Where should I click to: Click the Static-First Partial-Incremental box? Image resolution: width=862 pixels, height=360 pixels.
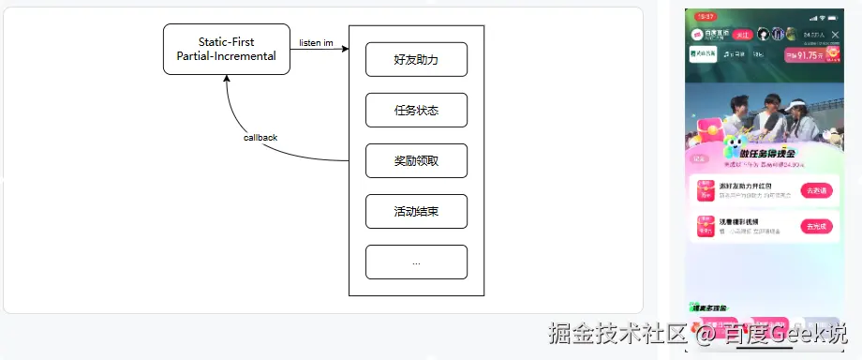click(226, 49)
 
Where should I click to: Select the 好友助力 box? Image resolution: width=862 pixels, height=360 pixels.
click(416, 59)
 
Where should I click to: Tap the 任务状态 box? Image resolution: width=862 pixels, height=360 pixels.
click(416, 110)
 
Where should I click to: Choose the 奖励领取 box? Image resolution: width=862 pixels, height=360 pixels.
click(416, 160)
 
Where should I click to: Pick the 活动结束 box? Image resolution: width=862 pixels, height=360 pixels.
click(416, 211)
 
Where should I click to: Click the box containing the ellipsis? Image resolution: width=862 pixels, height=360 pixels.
click(416, 262)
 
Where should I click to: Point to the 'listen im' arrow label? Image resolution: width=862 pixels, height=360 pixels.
click(316, 42)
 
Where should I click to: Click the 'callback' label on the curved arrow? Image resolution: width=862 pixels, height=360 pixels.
click(260, 137)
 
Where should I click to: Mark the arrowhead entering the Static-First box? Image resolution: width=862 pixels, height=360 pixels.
click(226, 79)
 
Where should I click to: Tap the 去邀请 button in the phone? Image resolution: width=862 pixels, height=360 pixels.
click(816, 189)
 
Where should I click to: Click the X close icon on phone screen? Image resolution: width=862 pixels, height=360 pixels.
click(835, 35)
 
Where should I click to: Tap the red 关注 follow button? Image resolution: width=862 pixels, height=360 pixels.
click(744, 35)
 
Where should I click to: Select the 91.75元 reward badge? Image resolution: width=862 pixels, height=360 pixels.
click(810, 55)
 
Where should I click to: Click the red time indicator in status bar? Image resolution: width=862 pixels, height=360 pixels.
click(706, 17)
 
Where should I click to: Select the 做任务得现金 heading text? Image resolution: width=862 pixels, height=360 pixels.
click(767, 153)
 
